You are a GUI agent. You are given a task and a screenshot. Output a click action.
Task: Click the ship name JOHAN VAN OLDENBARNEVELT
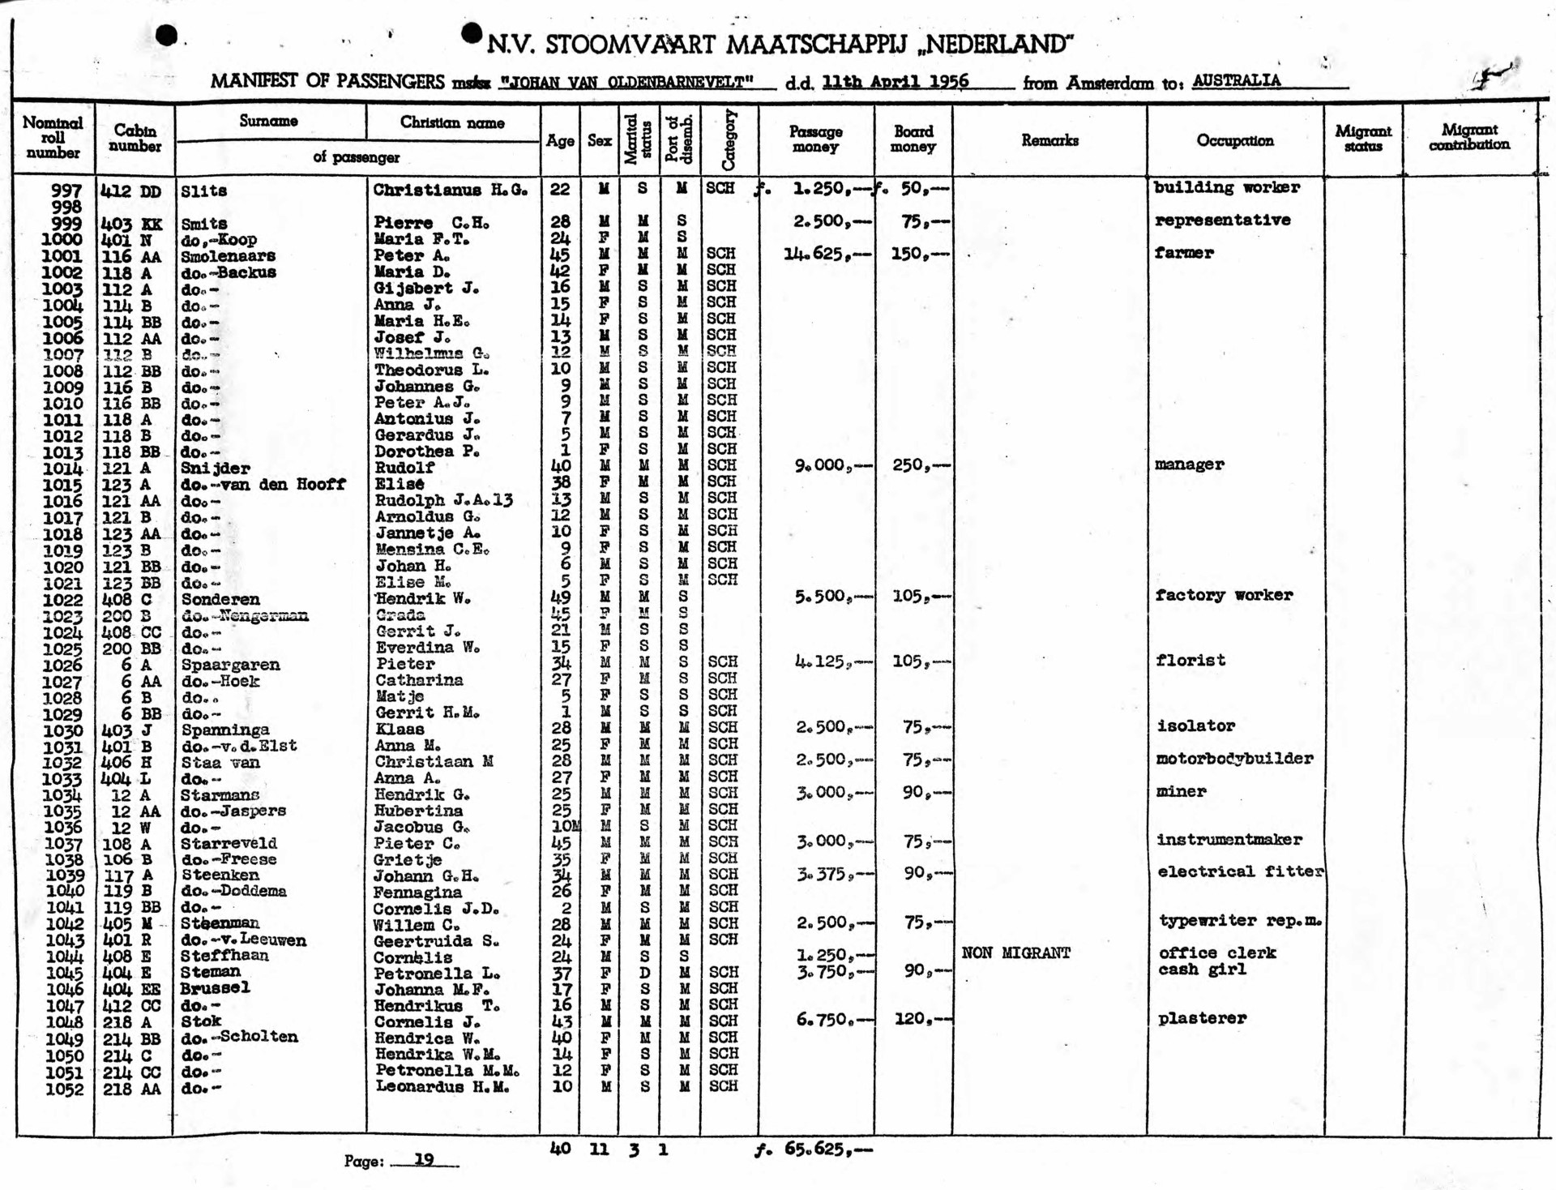point(626,82)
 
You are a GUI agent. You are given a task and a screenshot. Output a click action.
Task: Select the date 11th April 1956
point(895,81)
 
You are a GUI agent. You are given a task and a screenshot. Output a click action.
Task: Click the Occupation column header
point(1234,140)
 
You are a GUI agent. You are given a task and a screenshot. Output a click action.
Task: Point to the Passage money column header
point(815,139)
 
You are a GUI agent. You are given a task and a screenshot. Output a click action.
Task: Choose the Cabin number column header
point(135,139)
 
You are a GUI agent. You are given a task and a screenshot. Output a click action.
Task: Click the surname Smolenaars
point(228,256)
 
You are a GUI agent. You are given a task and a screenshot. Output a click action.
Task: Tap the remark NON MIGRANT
point(1015,953)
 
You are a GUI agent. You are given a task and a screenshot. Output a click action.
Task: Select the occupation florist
point(1191,660)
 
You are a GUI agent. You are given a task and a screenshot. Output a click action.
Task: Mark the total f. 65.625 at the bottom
point(814,1149)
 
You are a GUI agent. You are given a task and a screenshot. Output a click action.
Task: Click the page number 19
point(424,1160)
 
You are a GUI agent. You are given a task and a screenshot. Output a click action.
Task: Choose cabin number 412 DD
point(130,192)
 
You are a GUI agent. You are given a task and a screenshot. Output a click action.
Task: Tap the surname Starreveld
point(229,843)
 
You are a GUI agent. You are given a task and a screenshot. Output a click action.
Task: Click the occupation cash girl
point(1202,970)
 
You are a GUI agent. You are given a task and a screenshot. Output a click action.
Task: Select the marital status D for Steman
point(643,972)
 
